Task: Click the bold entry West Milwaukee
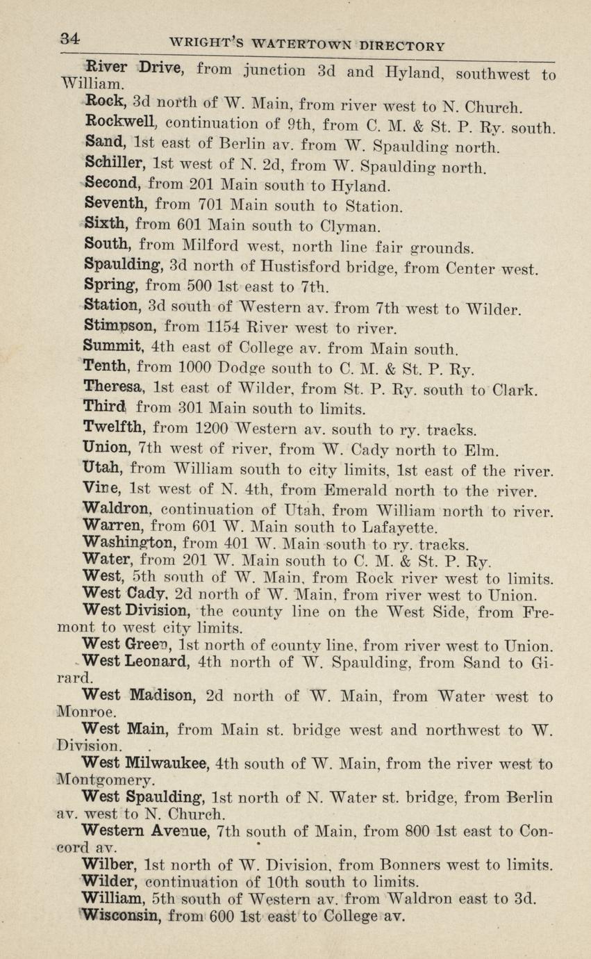[x=144, y=764]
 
